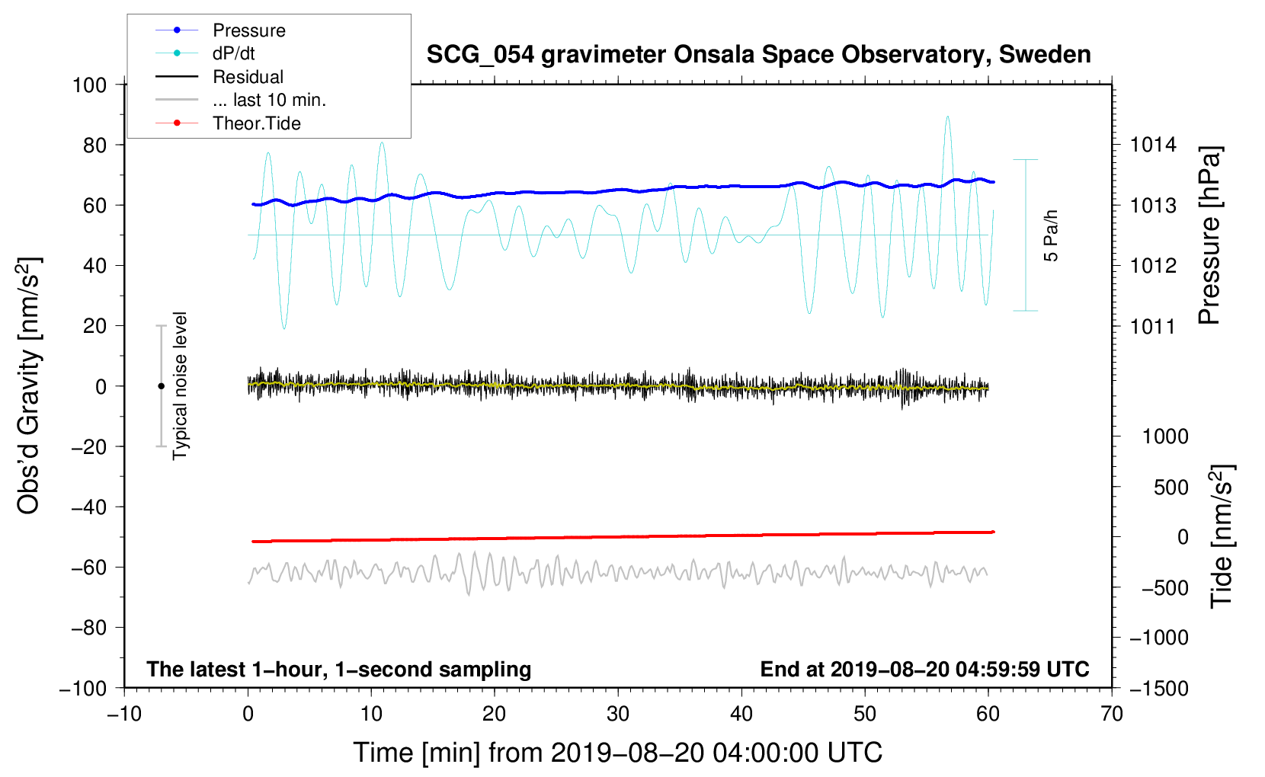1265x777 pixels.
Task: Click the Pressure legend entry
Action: [248, 30]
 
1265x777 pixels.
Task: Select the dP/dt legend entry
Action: [233, 53]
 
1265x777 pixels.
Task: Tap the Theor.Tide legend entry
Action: [256, 123]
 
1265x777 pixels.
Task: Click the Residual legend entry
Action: [248, 77]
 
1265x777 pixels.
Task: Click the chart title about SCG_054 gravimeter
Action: [758, 55]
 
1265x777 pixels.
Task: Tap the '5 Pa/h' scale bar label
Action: [1051, 235]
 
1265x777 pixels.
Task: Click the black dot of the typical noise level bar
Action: [161, 386]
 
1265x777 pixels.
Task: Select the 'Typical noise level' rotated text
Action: [180, 385]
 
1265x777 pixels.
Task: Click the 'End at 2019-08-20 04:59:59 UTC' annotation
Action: [924, 670]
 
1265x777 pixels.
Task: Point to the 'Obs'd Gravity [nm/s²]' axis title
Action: [28, 385]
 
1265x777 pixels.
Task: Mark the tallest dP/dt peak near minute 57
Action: [947, 117]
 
